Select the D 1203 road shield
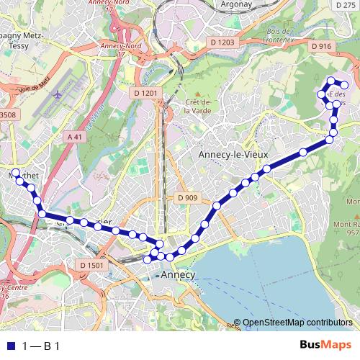click(223, 42)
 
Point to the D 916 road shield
click(321, 46)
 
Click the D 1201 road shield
click(145, 93)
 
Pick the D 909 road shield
click(186, 197)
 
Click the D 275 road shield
click(346, 4)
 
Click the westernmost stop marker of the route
click(15, 172)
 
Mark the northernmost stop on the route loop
click(330, 80)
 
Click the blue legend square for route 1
click(10, 346)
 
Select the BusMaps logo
click(325, 345)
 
